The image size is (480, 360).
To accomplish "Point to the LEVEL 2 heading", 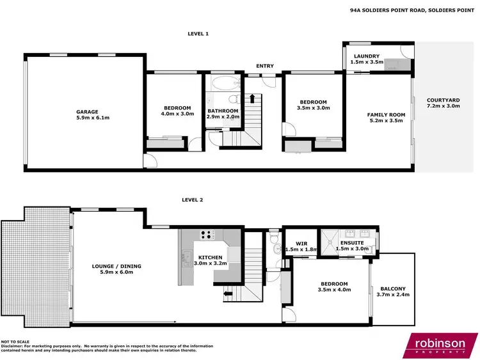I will [x=192, y=200].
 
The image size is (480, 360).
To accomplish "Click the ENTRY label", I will [x=264, y=66].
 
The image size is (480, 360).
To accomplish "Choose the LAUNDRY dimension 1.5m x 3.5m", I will [x=368, y=63].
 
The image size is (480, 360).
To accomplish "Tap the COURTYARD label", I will [x=444, y=100].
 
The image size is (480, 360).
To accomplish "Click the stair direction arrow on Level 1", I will [x=252, y=98].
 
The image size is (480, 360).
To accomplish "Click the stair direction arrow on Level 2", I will [x=227, y=294].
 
